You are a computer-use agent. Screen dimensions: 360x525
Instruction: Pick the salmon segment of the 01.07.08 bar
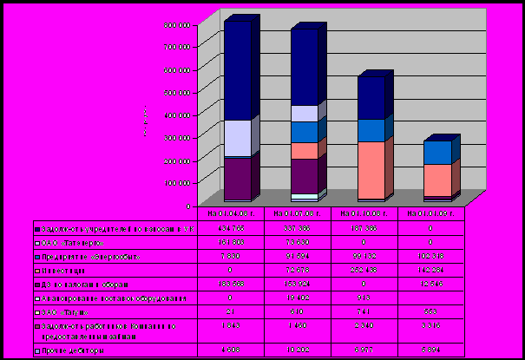(304, 151)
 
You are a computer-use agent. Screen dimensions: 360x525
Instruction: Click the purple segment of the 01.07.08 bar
(304, 175)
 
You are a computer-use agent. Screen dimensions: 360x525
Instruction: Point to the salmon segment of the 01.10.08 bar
(371, 169)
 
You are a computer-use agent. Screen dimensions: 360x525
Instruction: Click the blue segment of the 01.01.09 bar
(437, 153)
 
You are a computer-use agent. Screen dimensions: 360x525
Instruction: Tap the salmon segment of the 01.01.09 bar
(437, 180)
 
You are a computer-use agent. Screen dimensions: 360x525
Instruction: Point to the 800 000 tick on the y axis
(177, 23)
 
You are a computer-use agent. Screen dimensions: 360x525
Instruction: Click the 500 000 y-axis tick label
(177, 91)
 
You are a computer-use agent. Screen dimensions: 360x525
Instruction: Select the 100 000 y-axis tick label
(177, 183)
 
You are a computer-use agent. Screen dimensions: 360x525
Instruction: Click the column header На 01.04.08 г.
(227, 212)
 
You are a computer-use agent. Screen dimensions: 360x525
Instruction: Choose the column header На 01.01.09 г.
(431, 212)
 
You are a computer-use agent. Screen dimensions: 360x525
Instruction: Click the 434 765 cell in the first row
(227, 227)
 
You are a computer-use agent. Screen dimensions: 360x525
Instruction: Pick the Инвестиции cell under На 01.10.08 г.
(364, 271)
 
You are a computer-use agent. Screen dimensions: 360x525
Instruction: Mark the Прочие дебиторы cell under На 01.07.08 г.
(297, 350)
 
